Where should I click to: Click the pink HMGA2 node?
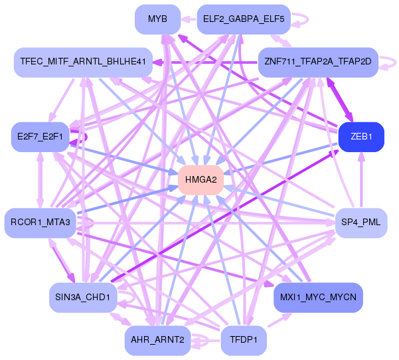[200, 180]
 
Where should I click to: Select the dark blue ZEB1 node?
[361, 137]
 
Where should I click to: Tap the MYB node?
[157, 19]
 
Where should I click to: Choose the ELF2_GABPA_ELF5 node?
[244, 19]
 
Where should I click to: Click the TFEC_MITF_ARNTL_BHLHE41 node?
[83, 62]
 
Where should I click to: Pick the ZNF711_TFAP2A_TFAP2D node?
[318, 62]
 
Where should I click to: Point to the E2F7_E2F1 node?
[40, 137]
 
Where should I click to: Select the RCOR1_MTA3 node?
[40, 223]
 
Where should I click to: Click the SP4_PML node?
[361, 223]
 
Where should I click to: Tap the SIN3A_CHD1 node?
[83, 298]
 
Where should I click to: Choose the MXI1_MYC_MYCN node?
[318, 298]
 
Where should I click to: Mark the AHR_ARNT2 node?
[157, 340]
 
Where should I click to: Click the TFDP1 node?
[244, 340]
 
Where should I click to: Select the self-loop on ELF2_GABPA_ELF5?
[307, 19]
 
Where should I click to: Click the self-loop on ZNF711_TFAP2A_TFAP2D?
[395, 62]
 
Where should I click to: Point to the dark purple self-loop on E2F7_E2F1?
[86, 137]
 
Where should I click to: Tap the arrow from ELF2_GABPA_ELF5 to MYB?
[189, 19]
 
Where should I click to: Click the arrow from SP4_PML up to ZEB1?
[361, 180]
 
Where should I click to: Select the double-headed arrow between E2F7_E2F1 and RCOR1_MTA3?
[40, 180]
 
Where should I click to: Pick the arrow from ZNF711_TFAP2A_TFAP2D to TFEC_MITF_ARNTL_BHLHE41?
[205, 62]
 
